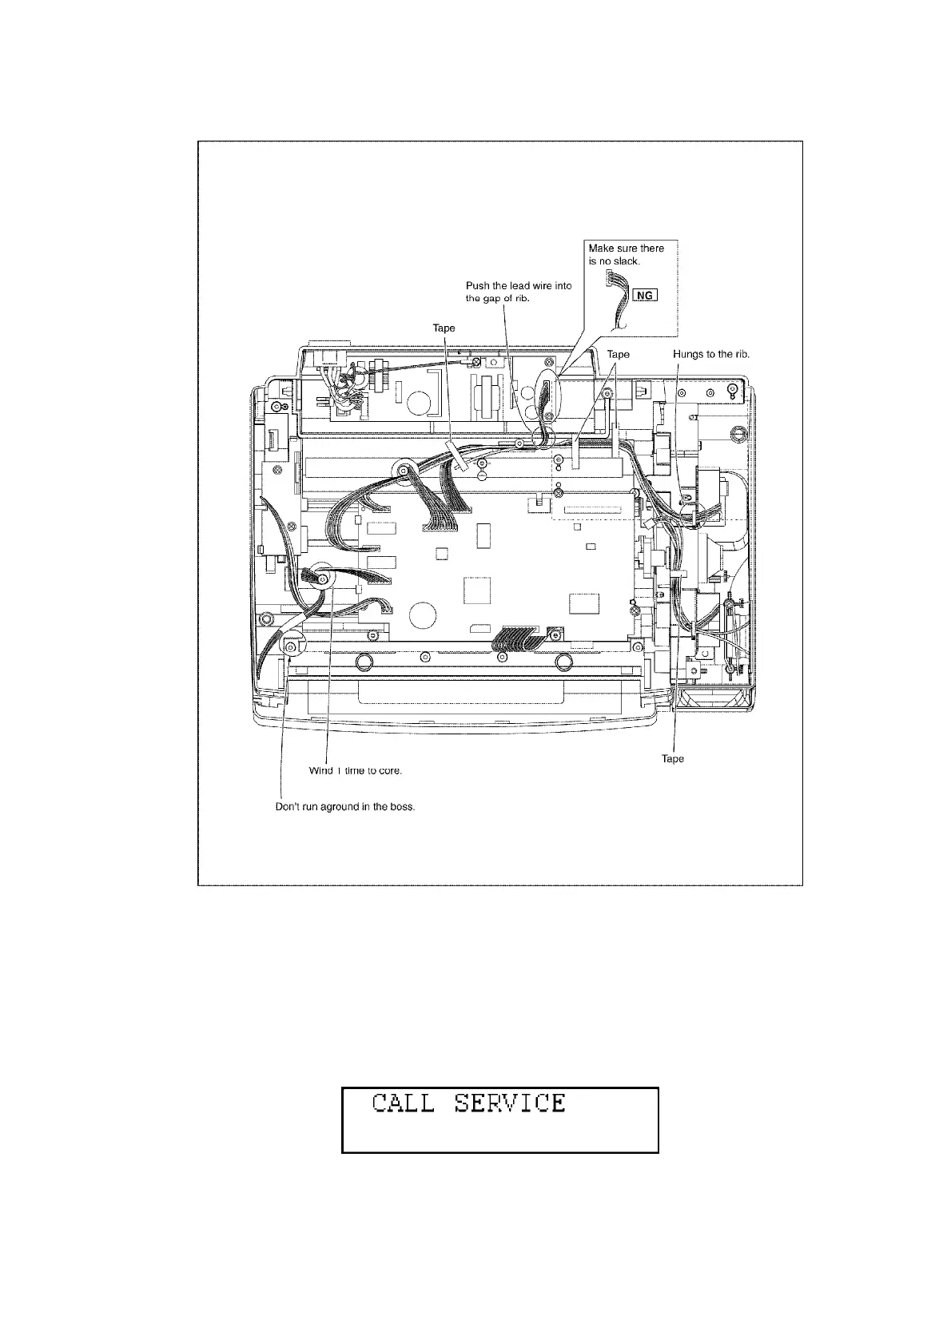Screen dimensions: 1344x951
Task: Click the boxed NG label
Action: pos(644,296)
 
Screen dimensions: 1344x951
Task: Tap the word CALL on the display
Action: pos(404,1103)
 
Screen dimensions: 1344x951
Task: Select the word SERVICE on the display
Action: pos(510,1103)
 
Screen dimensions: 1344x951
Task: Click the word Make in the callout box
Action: pos(600,249)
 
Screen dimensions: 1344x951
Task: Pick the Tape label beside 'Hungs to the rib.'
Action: pos(618,354)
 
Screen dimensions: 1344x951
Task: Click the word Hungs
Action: pos(687,354)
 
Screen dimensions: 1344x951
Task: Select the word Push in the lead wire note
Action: pos(478,286)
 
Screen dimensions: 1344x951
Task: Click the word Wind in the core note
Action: pos(320,771)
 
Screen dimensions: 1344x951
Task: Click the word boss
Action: pos(403,807)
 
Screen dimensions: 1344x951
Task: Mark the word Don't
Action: pos(287,807)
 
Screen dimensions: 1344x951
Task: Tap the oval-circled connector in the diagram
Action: pos(548,397)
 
